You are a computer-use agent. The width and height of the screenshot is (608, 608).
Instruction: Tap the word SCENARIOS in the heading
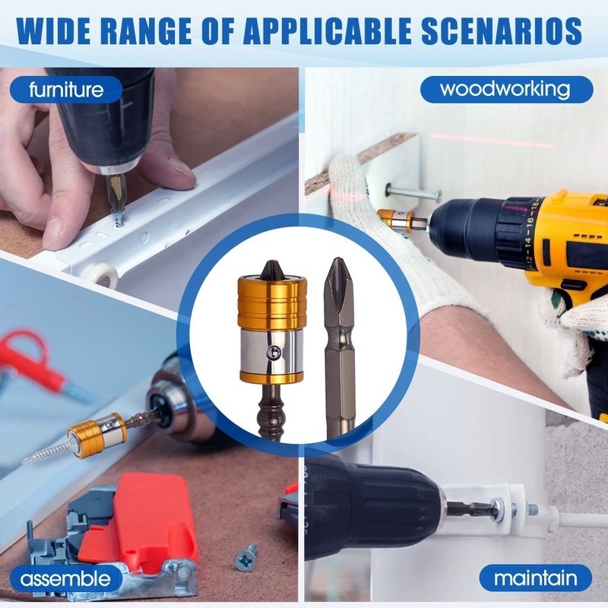(x=502, y=30)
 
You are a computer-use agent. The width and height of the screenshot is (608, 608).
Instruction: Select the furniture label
(x=66, y=90)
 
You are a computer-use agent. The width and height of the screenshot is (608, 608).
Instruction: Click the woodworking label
(x=506, y=90)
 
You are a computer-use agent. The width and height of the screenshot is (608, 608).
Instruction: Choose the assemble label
(x=65, y=578)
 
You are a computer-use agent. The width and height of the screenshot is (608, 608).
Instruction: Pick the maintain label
(x=536, y=578)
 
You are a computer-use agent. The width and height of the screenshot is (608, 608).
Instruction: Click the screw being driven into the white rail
(x=119, y=217)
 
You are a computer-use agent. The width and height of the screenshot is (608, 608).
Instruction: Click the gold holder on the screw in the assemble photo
(x=97, y=435)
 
